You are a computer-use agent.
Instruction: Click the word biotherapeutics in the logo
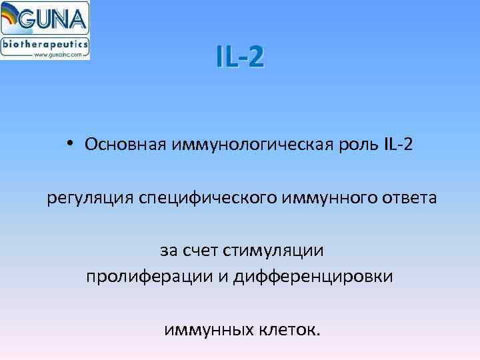pyautogui.click(x=45, y=44)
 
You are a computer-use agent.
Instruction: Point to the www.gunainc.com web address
pyautogui.click(x=59, y=55)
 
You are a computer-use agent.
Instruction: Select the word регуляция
pyautogui.click(x=91, y=197)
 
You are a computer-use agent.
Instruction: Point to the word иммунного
pyautogui.click(x=323, y=197)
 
